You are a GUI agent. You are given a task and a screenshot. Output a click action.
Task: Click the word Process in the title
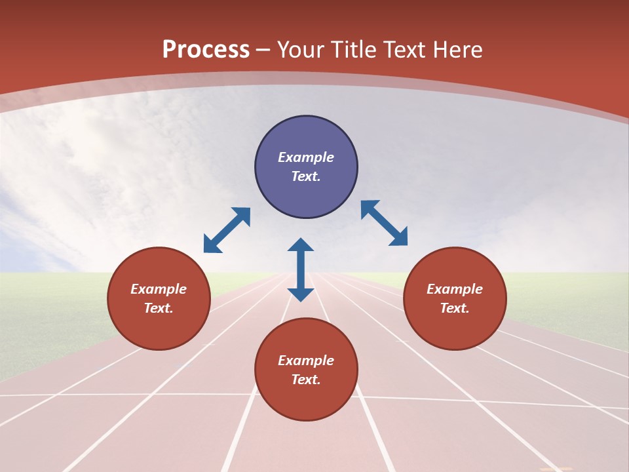tap(206, 49)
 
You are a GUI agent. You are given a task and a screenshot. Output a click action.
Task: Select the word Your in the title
tap(301, 49)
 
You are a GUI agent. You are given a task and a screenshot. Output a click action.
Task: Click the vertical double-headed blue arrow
tap(301, 269)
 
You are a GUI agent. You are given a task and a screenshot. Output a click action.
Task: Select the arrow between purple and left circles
tap(227, 230)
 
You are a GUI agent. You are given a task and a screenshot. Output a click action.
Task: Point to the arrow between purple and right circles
tap(385, 223)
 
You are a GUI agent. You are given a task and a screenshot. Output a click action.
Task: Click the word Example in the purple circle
tap(306, 157)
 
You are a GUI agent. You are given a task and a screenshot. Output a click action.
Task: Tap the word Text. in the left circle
tap(159, 308)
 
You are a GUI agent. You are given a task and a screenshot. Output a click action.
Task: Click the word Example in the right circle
tap(455, 289)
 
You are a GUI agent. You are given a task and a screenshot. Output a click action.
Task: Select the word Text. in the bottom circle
tap(306, 380)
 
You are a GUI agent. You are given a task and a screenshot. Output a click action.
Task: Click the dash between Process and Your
tap(263, 50)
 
